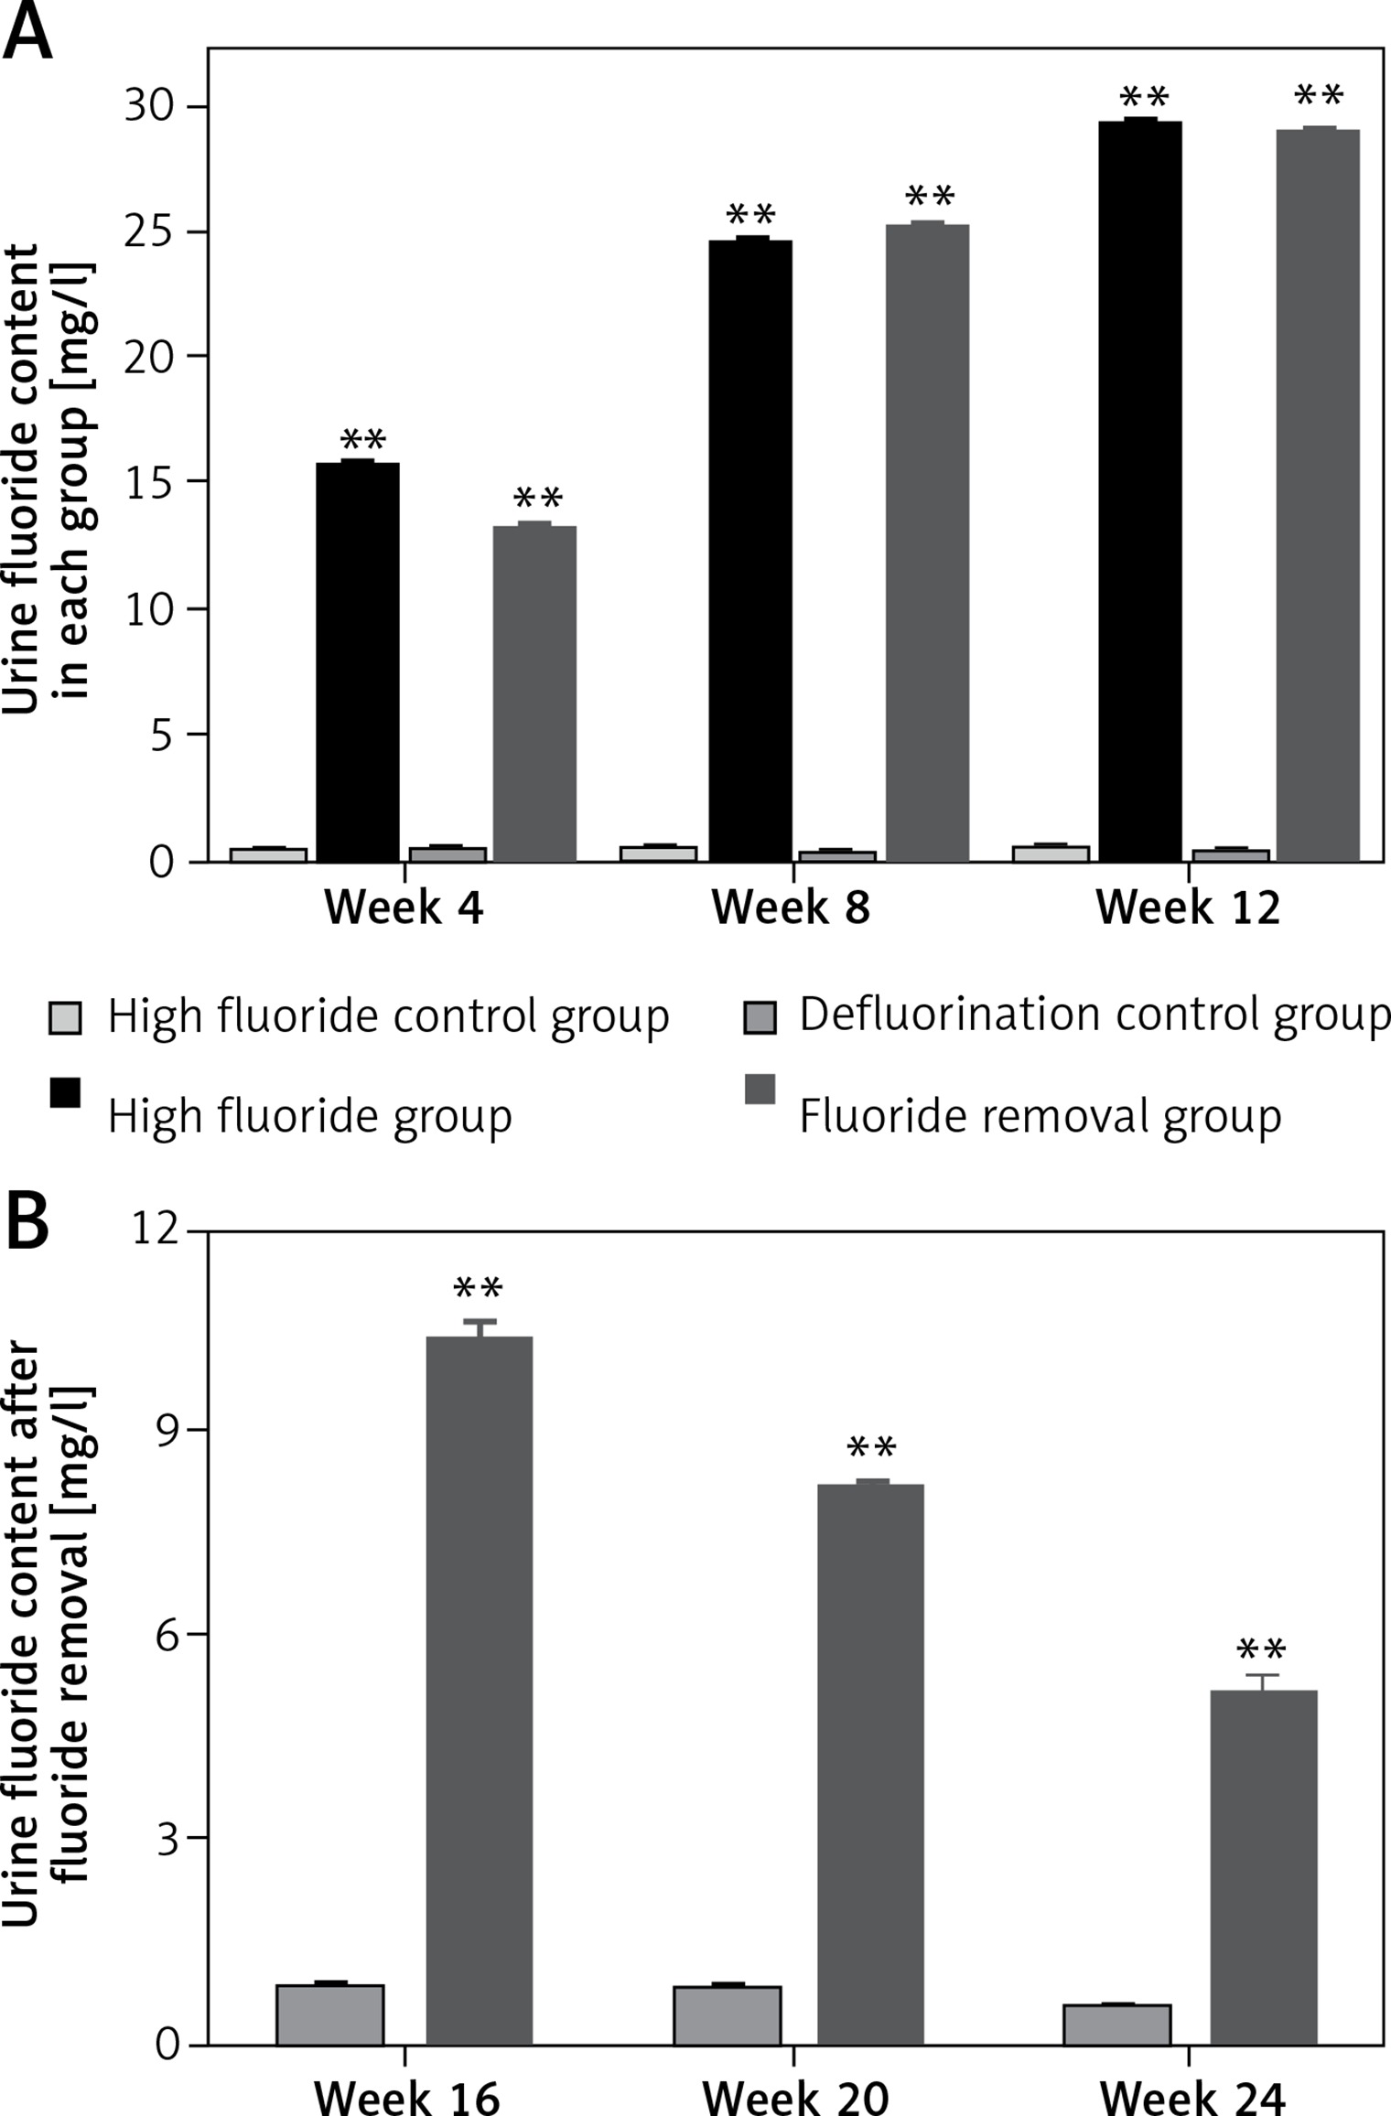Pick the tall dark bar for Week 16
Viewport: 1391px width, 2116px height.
(480, 1691)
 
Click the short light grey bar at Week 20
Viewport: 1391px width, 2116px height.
(728, 2014)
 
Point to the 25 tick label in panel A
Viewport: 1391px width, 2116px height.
(149, 232)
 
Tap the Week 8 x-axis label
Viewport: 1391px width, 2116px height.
(791, 908)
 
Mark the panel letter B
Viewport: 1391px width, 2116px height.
(27, 1223)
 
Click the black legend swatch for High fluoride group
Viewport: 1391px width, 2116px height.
(65, 1092)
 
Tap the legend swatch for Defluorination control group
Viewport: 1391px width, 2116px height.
(760, 1017)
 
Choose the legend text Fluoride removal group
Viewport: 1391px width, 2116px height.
(1040, 1116)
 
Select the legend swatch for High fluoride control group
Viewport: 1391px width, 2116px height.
(65, 1017)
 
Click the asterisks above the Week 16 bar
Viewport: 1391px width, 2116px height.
(479, 1289)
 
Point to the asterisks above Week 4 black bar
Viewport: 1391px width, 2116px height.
(362, 439)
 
